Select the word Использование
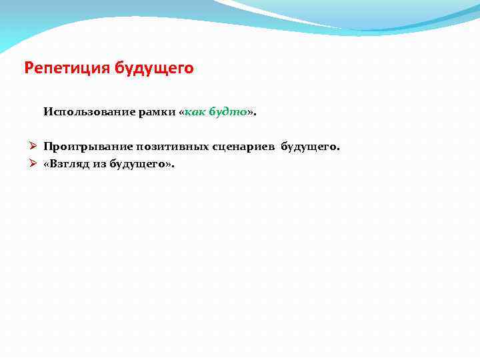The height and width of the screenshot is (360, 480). [87, 112]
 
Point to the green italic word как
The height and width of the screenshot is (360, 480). [195, 112]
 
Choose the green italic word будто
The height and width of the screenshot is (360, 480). [228, 112]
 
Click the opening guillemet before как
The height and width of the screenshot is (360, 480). [181, 113]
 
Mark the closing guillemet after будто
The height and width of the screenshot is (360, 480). [249, 113]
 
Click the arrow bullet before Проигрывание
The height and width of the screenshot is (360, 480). [32, 146]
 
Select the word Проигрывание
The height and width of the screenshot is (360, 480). [87, 146]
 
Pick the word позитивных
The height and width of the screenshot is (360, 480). [169, 146]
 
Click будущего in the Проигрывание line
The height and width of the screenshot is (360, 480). [308, 146]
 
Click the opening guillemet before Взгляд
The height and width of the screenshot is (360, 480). [47, 163]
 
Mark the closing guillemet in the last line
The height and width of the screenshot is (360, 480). [168, 163]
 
